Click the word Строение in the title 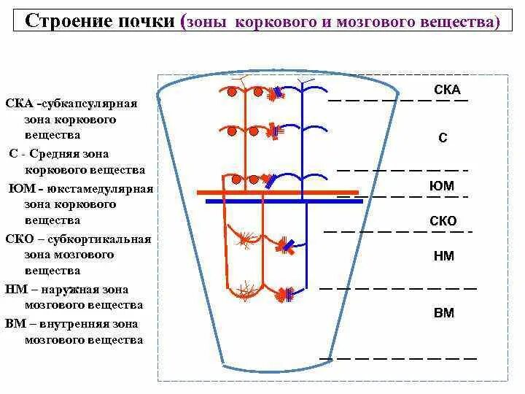click(x=64, y=21)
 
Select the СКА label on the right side click(x=447, y=90)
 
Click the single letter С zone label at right click(x=443, y=136)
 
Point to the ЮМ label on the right click(x=442, y=185)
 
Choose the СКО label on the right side click(x=443, y=221)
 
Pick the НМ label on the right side click(x=443, y=255)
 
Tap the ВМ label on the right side click(x=443, y=313)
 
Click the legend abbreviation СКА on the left click(x=20, y=104)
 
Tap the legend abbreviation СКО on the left click(x=20, y=239)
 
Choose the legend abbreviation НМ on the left click(x=16, y=289)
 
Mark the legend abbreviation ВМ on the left click(x=16, y=323)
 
